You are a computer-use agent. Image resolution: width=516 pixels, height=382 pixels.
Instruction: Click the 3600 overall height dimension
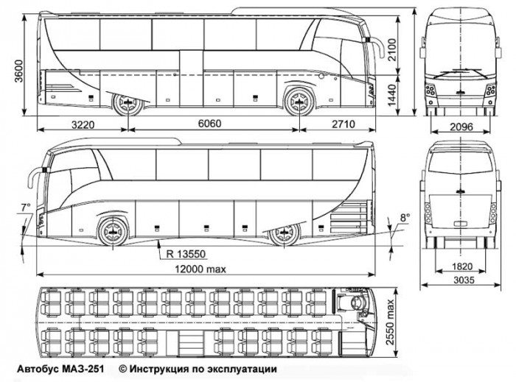pos(18,71)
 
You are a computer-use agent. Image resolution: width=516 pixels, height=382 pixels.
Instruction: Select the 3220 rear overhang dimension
pos(83,124)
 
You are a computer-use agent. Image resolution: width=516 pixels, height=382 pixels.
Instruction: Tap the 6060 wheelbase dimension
pos(209,124)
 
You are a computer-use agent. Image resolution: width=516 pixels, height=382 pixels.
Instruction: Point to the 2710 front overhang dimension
pos(344,124)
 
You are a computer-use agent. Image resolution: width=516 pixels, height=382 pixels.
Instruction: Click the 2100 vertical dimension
pos(392,50)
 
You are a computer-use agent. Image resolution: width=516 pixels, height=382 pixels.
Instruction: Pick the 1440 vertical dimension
pos(392,96)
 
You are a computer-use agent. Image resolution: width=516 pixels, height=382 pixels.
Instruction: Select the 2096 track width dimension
pos(461,127)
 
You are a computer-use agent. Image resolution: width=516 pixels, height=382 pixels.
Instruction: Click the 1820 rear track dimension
pos(462,266)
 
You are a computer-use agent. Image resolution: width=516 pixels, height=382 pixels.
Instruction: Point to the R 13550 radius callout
pos(186,254)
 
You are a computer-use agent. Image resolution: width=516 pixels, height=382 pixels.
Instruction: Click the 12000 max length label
pos(201,269)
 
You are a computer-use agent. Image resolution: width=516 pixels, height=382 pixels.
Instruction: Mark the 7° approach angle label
pos(26,208)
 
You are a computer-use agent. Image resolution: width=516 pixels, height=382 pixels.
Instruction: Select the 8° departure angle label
pos(405,217)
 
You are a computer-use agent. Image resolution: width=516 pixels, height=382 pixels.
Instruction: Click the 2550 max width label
pos(390,322)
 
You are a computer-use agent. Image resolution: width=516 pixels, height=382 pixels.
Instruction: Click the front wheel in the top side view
pos(299,102)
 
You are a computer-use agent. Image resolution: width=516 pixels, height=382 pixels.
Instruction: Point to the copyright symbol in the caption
pos(123,369)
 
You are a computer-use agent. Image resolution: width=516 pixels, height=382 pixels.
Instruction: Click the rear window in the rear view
pos(461,162)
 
